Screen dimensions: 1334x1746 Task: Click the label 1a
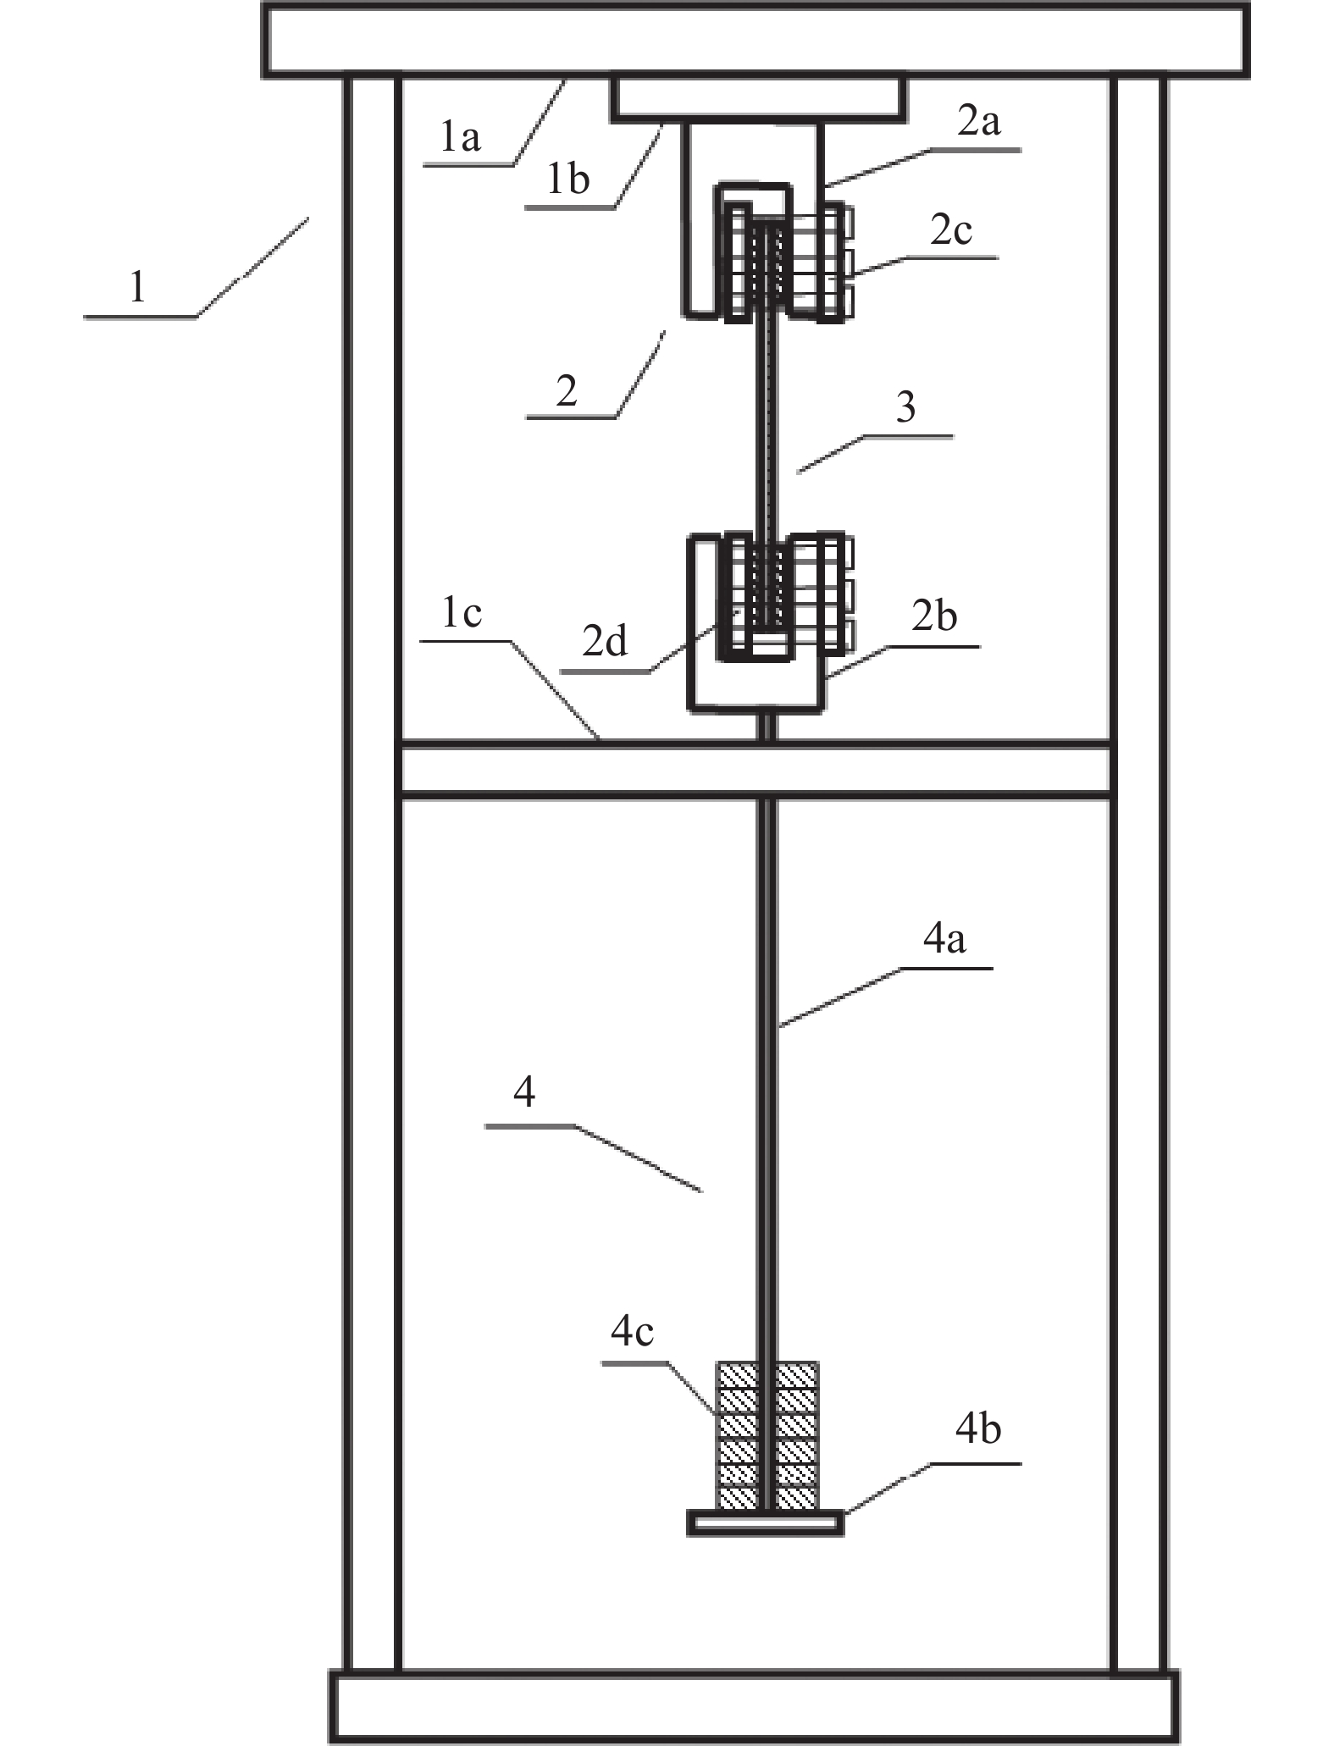460,137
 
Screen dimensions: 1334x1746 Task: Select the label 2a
979,122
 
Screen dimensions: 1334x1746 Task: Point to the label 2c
950,230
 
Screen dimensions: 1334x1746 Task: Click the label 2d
605,641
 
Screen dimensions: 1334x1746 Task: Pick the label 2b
934,616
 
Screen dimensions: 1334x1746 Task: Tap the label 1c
462,612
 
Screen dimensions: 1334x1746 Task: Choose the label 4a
944,939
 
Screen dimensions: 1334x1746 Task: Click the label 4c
632,1332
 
